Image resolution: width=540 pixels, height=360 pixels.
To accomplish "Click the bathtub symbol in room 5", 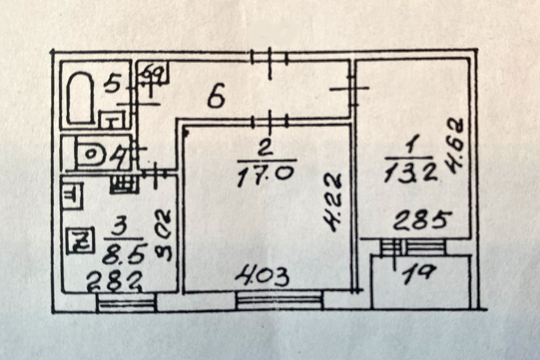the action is point(80,98).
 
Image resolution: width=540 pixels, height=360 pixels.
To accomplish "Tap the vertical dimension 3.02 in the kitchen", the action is point(164,234).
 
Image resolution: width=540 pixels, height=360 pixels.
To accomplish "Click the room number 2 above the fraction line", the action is point(265,150).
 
